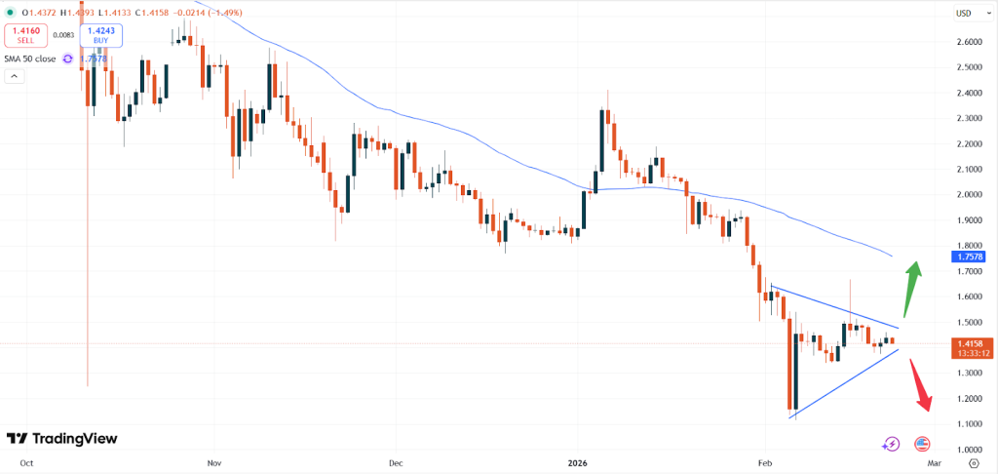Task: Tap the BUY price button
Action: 101,36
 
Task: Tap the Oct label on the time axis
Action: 27,464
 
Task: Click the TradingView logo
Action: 61,439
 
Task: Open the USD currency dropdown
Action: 965,13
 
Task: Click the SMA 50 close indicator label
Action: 32,59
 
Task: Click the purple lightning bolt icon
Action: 891,444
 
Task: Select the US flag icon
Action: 922,444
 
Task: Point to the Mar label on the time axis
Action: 933,464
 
